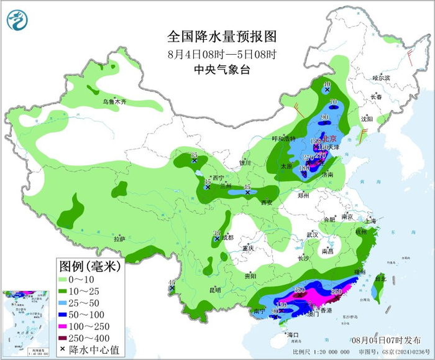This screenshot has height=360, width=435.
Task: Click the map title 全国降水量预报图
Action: click(221, 36)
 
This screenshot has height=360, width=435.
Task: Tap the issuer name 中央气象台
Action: click(221, 70)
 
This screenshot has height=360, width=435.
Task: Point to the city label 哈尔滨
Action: click(381, 78)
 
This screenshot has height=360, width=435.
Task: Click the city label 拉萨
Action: click(119, 239)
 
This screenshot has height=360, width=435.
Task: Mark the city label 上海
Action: click(370, 221)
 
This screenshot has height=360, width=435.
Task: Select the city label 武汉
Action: click(312, 234)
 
